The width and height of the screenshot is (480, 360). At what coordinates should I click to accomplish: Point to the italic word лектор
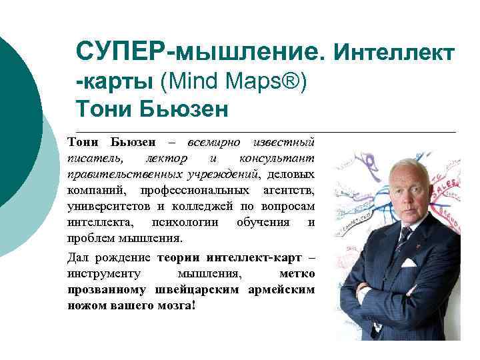165,159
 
